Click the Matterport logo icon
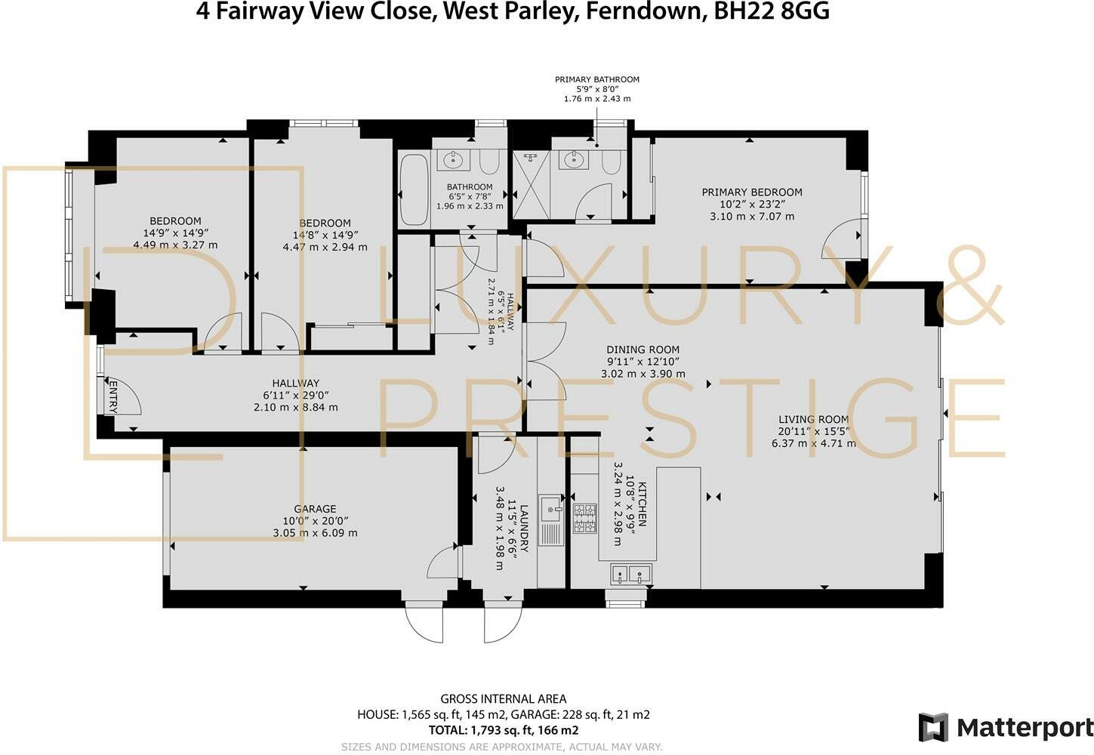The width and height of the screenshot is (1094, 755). (933, 727)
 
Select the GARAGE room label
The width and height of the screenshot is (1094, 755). (315, 509)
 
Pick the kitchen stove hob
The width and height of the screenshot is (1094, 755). (584, 518)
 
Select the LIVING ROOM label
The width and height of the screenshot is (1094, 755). (814, 419)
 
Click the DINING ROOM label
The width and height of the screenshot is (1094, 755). (643, 350)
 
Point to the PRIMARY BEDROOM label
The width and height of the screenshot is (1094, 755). (752, 193)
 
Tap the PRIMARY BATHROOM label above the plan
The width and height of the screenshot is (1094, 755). (596, 79)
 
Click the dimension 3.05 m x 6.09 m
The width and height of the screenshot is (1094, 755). (315, 533)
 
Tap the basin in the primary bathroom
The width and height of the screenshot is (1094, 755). (574, 159)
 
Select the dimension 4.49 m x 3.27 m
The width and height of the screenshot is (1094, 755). (175, 245)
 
